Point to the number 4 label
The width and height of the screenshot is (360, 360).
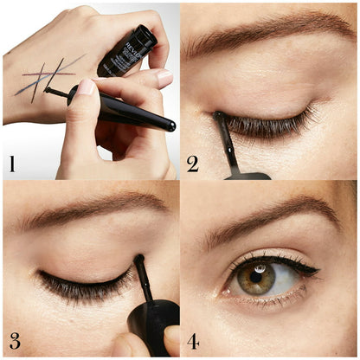click(192, 339)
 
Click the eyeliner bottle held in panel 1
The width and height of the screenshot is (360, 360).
click(127, 50)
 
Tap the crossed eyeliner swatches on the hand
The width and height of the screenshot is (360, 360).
click(47, 76)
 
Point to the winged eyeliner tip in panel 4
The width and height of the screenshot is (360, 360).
click(315, 270)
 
